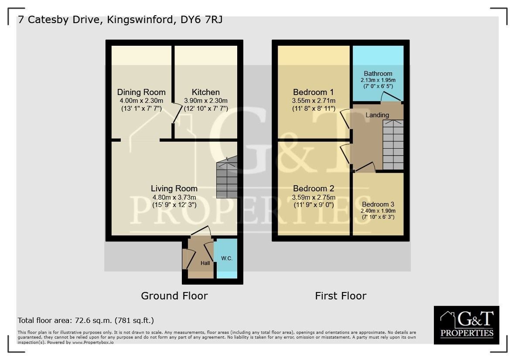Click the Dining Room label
click(x=141, y=92)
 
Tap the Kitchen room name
click(x=205, y=92)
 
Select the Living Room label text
click(x=174, y=189)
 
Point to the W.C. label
click(x=227, y=258)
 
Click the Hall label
click(x=205, y=263)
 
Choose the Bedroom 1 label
click(x=314, y=92)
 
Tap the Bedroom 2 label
click(x=314, y=189)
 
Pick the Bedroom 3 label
click(x=378, y=204)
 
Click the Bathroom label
click(x=378, y=74)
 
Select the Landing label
click(x=377, y=115)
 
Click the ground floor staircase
click(x=227, y=177)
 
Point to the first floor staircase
click(x=393, y=145)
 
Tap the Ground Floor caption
click(x=174, y=296)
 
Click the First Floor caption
click(x=341, y=296)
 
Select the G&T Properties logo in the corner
click(x=467, y=325)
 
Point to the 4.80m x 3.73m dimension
click(x=174, y=197)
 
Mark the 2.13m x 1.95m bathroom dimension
click(x=378, y=80)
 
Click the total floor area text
click(x=86, y=320)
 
